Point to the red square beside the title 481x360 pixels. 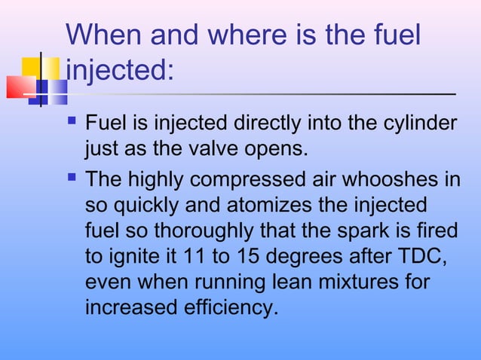[20, 87]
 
